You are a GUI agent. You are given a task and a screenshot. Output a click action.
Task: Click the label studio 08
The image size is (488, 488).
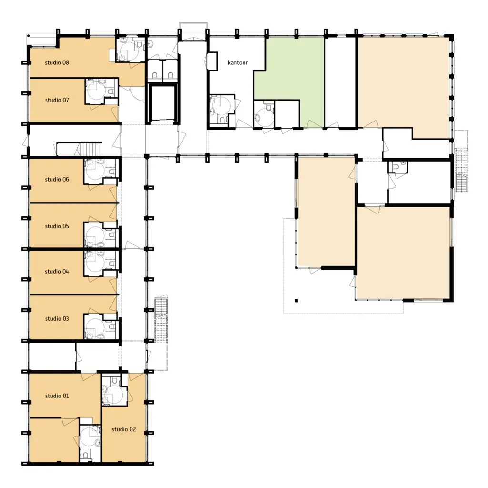click(x=57, y=62)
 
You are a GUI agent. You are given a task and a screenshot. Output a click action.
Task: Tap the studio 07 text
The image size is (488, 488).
click(x=57, y=100)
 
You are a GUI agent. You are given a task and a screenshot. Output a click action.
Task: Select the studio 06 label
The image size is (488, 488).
click(x=57, y=179)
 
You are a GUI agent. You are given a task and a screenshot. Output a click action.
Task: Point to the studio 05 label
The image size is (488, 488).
click(x=57, y=226)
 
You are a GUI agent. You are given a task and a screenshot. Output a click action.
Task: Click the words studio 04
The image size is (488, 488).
click(x=57, y=271)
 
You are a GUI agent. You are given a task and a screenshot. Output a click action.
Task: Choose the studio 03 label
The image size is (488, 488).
click(x=57, y=319)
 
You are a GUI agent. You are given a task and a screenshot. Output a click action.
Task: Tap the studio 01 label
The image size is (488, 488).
click(x=57, y=396)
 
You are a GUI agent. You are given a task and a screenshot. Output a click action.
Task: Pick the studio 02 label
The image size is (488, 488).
click(x=124, y=429)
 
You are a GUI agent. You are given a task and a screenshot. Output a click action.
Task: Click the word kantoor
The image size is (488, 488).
click(x=238, y=62)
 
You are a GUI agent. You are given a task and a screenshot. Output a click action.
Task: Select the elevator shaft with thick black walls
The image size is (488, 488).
click(x=163, y=103)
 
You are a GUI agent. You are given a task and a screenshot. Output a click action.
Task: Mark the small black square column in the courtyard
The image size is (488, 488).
click(x=296, y=301)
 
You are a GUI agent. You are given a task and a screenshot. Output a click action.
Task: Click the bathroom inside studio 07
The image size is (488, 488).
click(x=102, y=91)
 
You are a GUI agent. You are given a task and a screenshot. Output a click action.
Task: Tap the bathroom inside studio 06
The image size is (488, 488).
click(x=102, y=171)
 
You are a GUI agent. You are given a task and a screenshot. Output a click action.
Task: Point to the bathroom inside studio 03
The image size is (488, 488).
click(x=102, y=326)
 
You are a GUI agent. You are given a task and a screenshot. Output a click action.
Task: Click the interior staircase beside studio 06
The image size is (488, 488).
click(x=80, y=149)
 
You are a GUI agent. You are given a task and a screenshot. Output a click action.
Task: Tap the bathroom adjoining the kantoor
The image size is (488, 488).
click(x=222, y=111)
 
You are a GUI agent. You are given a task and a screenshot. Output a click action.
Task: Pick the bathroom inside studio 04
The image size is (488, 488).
click(x=102, y=264)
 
